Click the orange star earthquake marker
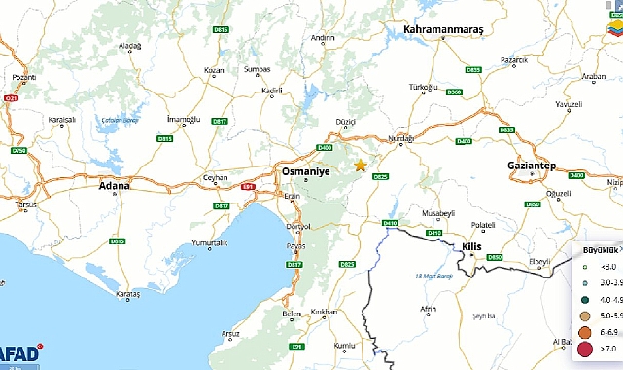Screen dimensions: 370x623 tap(361, 166)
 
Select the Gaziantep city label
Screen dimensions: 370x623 tap(531, 166)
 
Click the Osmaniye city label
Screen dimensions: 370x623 tap(306, 170)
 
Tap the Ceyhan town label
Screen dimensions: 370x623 tap(214, 178)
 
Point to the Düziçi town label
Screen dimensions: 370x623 tap(345, 122)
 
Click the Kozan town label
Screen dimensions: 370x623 tap(215, 71)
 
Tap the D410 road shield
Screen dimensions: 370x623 tap(390, 223)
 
